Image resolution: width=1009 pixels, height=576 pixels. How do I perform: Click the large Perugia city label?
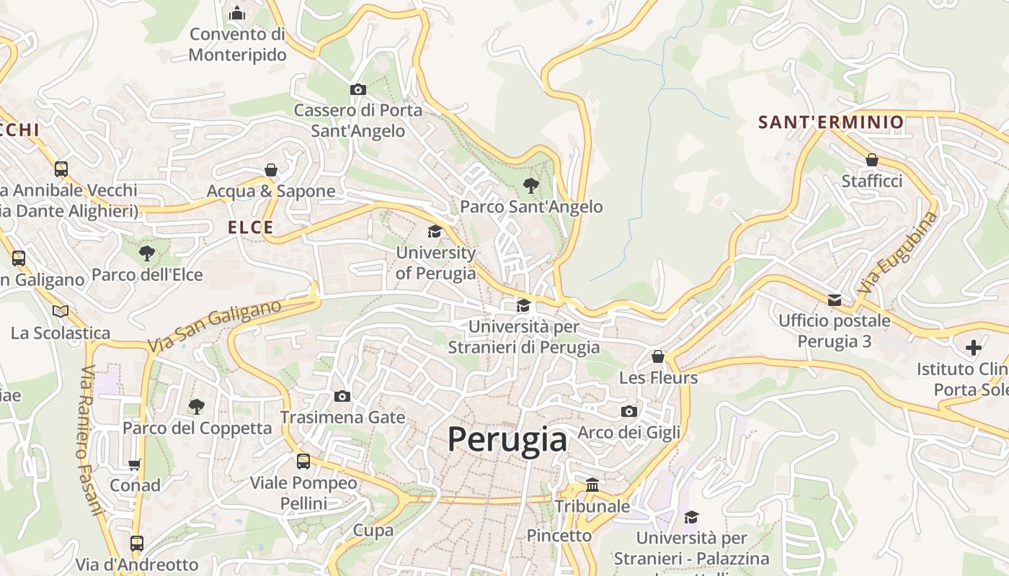(x=507, y=439)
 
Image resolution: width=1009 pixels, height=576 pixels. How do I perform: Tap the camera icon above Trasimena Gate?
(x=342, y=397)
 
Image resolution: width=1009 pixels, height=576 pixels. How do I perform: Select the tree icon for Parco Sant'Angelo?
(x=531, y=186)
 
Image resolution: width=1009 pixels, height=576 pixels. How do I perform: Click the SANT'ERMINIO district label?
(x=830, y=122)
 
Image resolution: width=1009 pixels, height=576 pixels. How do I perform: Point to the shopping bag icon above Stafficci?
(x=872, y=160)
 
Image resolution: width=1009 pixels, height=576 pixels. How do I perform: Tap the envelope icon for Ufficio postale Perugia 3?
(x=835, y=300)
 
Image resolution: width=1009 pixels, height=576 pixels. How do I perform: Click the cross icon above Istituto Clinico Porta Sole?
(x=974, y=348)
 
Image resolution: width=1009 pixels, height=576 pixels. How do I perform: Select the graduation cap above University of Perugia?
(x=435, y=232)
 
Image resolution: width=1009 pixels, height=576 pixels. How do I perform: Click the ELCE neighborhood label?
(x=251, y=228)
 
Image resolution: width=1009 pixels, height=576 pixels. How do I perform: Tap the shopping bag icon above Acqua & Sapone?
(x=271, y=170)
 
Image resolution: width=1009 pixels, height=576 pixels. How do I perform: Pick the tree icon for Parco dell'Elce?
(x=147, y=253)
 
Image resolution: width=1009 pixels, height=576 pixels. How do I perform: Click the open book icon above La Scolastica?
(x=61, y=312)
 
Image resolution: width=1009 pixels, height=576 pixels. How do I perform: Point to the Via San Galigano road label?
(x=215, y=326)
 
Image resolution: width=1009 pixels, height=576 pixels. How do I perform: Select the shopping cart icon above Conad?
(x=135, y=464)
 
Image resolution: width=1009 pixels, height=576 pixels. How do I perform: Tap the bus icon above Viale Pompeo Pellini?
(x=303, y=462)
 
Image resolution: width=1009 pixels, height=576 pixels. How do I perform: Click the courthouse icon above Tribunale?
(x=592, y=485)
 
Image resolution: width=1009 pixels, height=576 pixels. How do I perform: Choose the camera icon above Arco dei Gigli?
(x=629, y=412)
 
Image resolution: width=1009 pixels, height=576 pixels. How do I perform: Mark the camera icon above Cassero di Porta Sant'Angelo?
(x=358, y=90)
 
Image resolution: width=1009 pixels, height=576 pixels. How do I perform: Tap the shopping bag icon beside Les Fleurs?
(x=658, y=356)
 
